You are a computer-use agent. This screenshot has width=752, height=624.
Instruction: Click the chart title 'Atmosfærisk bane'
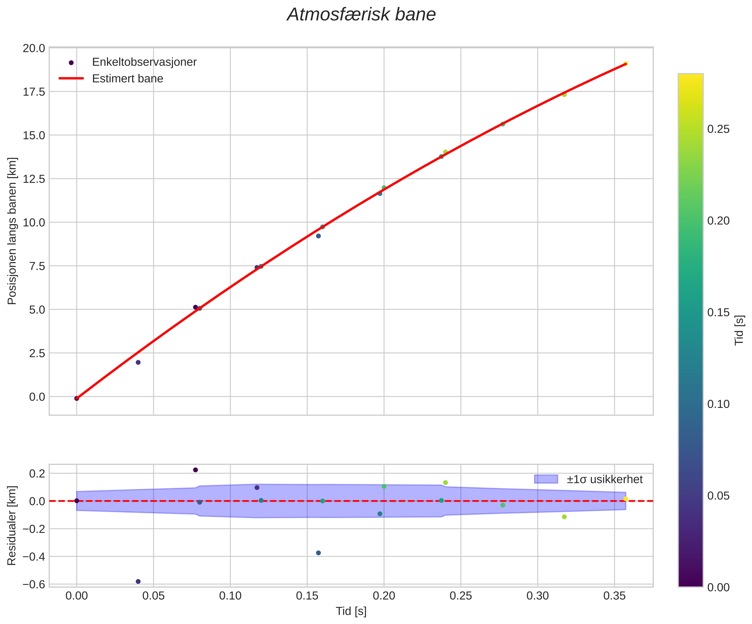(x=361, y=15)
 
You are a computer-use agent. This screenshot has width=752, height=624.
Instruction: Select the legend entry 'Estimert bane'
(x=127, y=78)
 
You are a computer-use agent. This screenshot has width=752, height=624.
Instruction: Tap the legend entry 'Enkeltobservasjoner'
(x=144, y=62)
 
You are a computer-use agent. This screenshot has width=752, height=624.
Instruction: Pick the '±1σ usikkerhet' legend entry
(x=605, y=479)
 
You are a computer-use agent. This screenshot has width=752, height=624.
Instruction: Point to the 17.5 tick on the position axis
(x=34, y=92)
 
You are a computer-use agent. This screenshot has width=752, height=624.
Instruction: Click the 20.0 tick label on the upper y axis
(x=34, y=48)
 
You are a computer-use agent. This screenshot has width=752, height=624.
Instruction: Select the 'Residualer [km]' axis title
(x=12, y=525)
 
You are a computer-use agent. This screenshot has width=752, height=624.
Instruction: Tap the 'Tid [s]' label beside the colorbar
(x=739, y=330)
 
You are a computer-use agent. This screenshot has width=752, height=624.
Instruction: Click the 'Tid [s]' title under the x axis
(x=351, y=611)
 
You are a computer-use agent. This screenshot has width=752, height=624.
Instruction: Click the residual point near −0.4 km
(x=318, y=553)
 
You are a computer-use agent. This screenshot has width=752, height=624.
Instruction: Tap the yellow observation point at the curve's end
(x=625, y=64)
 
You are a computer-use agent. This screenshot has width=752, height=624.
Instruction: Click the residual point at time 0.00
(x=77, y=501)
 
